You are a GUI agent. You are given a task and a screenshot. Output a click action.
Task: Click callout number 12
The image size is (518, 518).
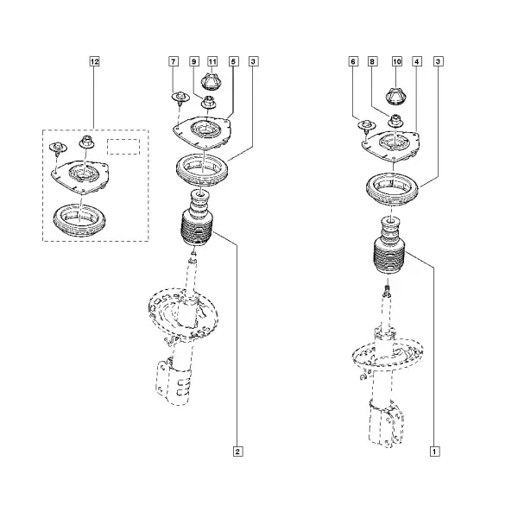(94, 61)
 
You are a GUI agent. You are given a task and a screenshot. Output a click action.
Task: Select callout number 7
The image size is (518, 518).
(174, 61)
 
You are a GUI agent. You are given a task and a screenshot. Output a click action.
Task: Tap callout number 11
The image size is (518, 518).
(212, 61)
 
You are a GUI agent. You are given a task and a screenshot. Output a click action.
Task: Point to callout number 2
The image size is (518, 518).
(238, 452)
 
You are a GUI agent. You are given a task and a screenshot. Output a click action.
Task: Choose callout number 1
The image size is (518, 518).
(435, 452)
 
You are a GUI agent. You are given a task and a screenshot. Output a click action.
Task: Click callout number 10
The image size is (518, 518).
(397, 61)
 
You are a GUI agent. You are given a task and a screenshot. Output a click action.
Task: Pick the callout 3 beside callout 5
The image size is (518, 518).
(253, 61)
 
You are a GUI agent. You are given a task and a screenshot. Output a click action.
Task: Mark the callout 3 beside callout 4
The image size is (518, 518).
(439, 61)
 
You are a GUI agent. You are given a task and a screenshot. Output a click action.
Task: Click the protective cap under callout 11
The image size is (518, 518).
(212, 82)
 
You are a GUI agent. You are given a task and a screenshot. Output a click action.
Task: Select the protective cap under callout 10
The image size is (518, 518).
(396, 97)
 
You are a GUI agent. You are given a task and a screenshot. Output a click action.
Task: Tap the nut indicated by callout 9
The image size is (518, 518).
(208, 102)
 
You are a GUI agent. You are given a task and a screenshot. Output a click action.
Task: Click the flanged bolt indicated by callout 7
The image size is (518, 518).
(180, 98)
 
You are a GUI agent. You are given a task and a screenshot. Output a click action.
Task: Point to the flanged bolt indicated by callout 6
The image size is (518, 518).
(367, 126)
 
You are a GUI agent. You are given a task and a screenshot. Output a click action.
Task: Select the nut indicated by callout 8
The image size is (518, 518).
(395, 121)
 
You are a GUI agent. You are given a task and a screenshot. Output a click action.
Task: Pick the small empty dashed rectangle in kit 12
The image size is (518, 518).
(123, 147)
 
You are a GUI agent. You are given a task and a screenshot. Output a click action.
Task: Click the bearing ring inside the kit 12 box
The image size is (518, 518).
(79, 220)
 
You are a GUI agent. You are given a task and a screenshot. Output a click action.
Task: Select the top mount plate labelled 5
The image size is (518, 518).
(201, 133)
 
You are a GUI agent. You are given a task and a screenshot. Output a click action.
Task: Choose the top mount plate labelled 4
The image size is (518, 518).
(391, 146)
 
